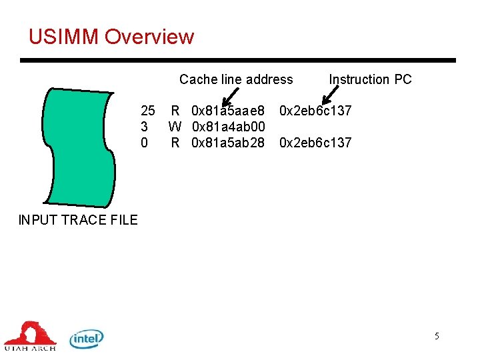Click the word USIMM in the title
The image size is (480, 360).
tap(63, 37)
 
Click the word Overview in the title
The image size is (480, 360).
tap(149, 37)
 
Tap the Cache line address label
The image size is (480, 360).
tap(236, 79)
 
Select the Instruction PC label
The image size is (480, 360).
tap(370, 79)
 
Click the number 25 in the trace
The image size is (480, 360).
tap(147, 110)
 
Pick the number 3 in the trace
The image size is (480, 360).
tap(144, 126)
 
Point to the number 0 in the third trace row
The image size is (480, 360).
tap(144, 142)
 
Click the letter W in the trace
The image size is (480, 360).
tap(175, 126)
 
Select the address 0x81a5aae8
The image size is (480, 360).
tap(228, 110)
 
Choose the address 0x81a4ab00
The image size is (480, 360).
tap(229, 126)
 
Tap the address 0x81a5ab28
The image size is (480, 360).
tap(228, 142)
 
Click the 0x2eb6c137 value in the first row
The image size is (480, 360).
tap(315, 110)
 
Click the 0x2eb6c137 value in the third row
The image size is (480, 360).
tap(315, 142)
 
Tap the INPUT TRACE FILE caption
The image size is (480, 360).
tap(78, 220)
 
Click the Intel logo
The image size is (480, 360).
tap(87, 339)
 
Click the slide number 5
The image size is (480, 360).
tap(437, 336)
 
